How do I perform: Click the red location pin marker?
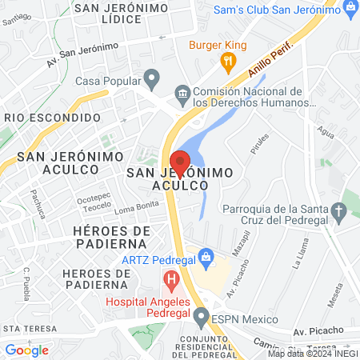click(180, 162)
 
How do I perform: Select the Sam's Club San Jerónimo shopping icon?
click(349, 9)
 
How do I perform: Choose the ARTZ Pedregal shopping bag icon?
click(207, 257)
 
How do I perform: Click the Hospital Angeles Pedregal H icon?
click(170, 280)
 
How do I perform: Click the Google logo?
click(26, 350)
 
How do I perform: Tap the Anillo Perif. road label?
click(266, 63)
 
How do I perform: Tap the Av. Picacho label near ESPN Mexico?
click(318, 330)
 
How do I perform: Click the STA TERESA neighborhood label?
click(30, 329)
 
